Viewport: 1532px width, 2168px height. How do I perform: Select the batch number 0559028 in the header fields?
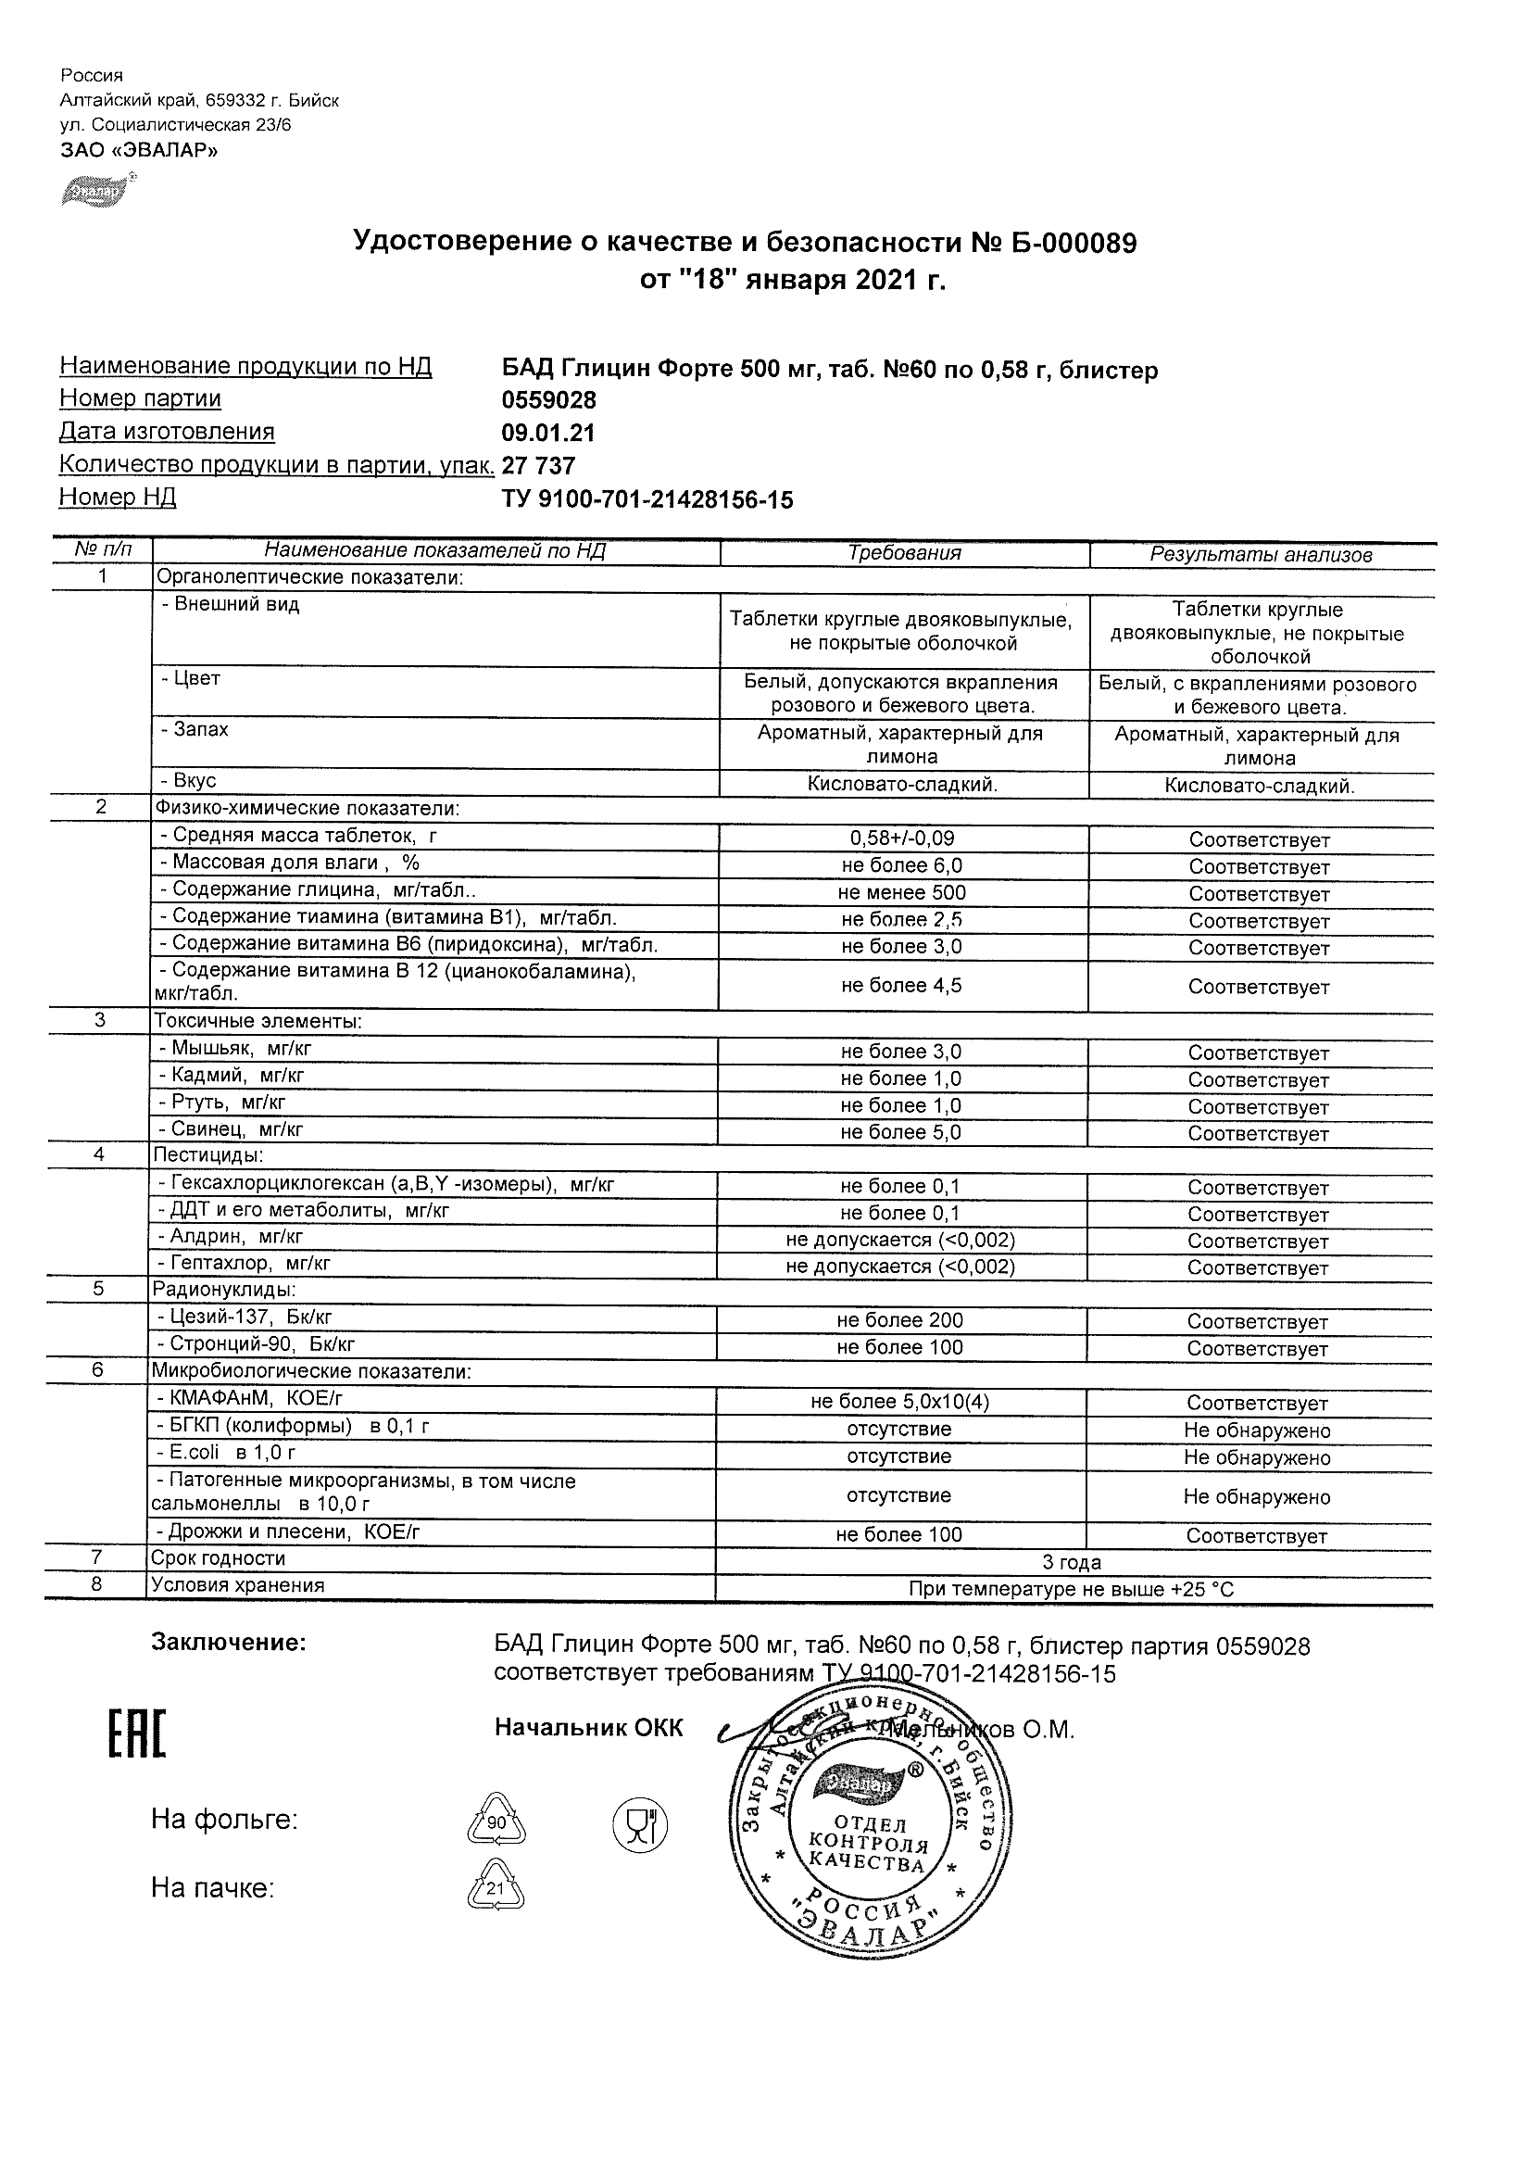point(549,400)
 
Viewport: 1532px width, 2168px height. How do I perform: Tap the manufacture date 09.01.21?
point(548,434)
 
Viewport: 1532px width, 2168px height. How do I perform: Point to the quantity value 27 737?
point(539,465)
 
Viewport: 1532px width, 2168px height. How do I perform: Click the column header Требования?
point(904,553)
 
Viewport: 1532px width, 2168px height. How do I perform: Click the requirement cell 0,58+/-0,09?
point(903,838)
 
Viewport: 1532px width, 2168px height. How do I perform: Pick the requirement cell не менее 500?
point(902,892)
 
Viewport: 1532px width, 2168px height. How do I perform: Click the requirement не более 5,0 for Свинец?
point(900,1132)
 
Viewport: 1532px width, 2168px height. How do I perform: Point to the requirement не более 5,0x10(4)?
point(899,1402)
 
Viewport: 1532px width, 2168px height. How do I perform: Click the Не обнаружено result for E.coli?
point(1256,1457)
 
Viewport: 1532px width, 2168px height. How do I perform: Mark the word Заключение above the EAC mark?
point(229,1643)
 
